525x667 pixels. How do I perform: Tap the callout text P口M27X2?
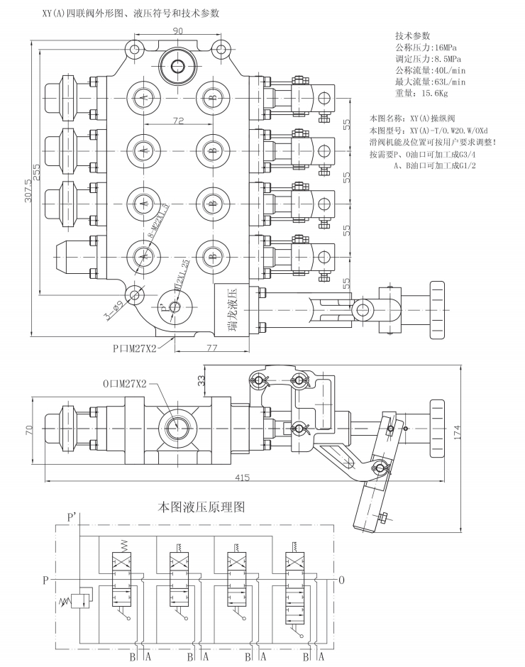[133, 348]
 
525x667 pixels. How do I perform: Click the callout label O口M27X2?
[125, 383]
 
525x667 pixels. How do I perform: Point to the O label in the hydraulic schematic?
[342, 580]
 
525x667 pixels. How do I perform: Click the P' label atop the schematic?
[72, 518]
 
